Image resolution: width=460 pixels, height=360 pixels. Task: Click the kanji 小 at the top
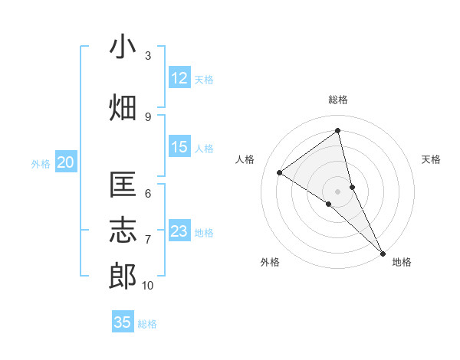click(123, 47)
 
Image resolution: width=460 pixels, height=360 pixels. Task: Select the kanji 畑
click(123, 108)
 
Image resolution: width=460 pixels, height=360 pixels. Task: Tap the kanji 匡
click(123, 185)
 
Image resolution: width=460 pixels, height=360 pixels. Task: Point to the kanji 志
click(123, 231)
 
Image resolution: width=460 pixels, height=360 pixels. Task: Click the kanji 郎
click(123, 277)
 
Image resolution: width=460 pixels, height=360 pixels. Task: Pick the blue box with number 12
click(179, 78)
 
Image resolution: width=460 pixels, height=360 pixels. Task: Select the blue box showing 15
click(179, 147)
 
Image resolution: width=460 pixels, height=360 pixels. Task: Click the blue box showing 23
click(179, 231)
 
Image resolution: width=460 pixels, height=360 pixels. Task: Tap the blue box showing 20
click(66, 162)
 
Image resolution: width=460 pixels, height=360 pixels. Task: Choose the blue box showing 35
click(123, 322)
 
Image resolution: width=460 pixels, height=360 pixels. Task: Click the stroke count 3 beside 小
click(148, 56)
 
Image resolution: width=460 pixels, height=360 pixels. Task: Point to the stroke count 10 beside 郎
click(148, 286)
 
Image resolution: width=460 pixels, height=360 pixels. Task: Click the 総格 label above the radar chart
click(338, 100)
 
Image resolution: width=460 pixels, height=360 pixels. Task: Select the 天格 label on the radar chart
click(432, 159)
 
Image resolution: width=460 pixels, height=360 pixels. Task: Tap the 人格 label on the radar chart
click(245, 159)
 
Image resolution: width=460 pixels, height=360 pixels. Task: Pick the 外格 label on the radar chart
click(270, 262)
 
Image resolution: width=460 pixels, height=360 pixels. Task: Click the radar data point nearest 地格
click(382, 252)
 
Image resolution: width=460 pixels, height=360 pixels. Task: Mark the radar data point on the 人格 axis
click(280, 172)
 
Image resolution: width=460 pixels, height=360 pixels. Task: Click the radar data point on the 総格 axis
click(338, 131)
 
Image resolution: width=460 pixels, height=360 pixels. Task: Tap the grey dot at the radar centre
click(338, 191)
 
